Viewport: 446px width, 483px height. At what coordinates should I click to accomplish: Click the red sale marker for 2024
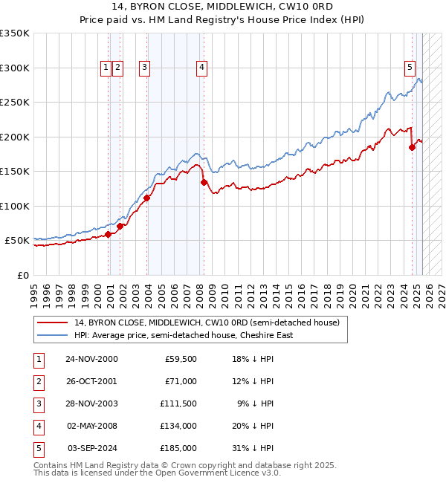click(x=412, y=147)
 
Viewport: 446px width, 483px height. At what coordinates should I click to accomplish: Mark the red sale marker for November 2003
click(x=147, y=198)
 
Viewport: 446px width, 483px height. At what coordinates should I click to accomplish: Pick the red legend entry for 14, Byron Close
click(x=206, y=322)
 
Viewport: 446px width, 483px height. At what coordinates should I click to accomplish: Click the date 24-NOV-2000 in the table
click(x=91, y=359)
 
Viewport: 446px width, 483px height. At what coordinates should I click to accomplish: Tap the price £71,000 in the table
click(x=181, y=381)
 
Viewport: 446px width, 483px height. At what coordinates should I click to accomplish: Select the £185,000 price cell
click(x=178, y=448)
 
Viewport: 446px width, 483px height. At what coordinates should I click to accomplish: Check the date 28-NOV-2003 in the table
click(x=91, y=403)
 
